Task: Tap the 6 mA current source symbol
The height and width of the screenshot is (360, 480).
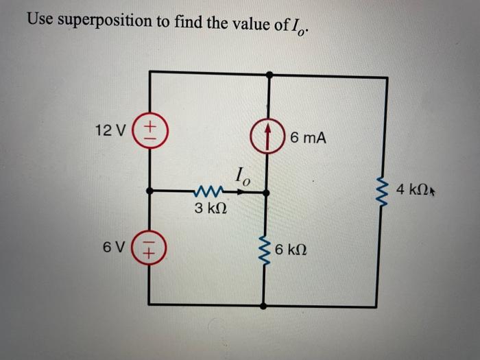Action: pos(267,135)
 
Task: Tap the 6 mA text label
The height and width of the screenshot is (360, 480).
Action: pos(308,138)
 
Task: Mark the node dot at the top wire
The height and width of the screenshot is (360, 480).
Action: pos(267,73)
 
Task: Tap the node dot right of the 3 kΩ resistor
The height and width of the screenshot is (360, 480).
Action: pos(267,193)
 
